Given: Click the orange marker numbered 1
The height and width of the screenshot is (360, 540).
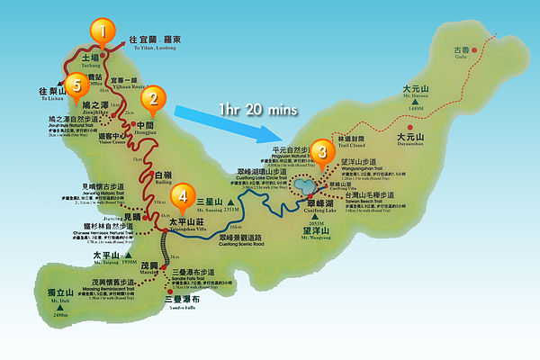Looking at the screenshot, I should pyautogui.click(x=103, y=32).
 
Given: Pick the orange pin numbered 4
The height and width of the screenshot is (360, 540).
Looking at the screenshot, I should pyautogui.click(x=183, y=194).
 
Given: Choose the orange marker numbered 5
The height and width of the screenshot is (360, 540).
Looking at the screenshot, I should pyautogui.click(x=77, y=85).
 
